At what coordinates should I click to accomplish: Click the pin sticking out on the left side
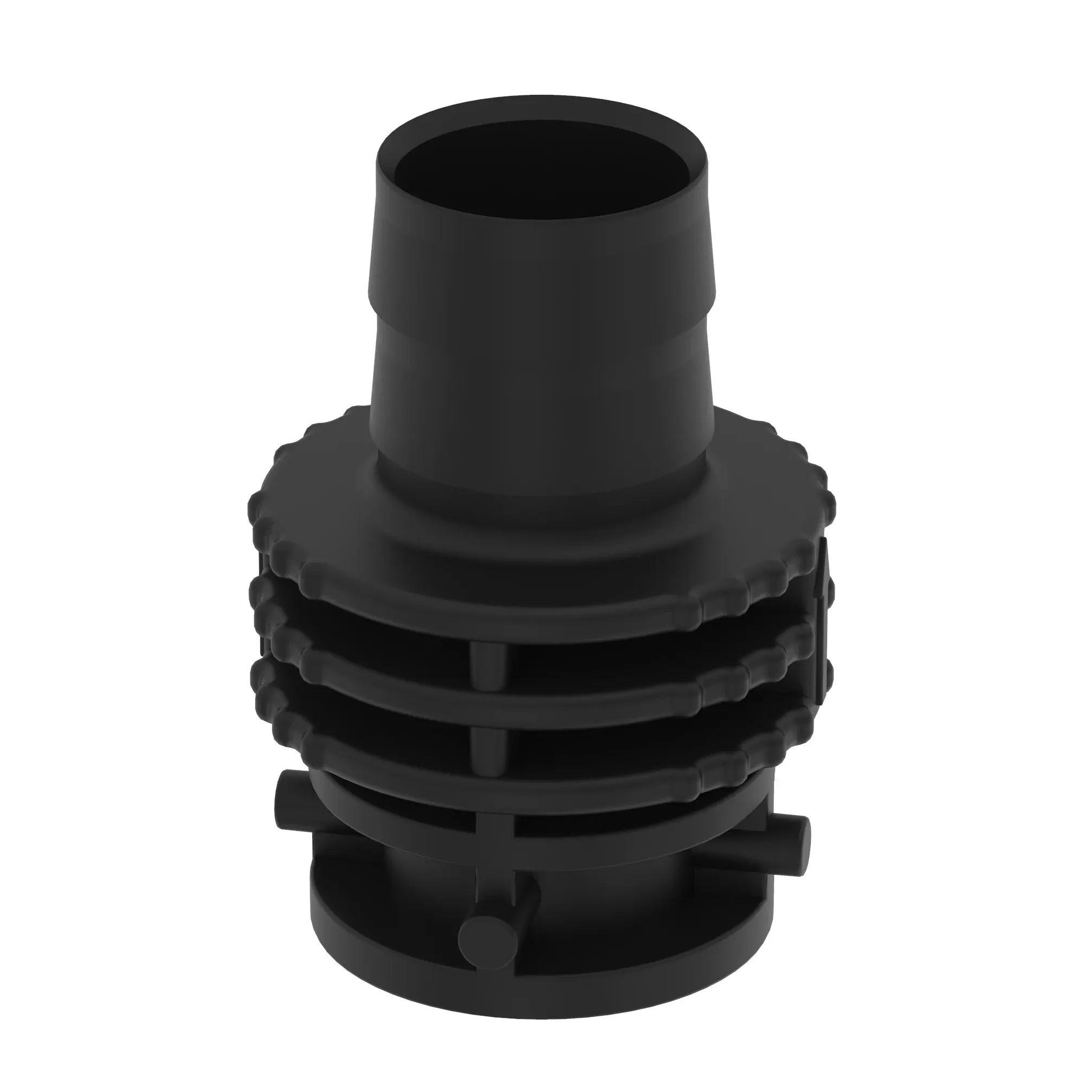point(292,797)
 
